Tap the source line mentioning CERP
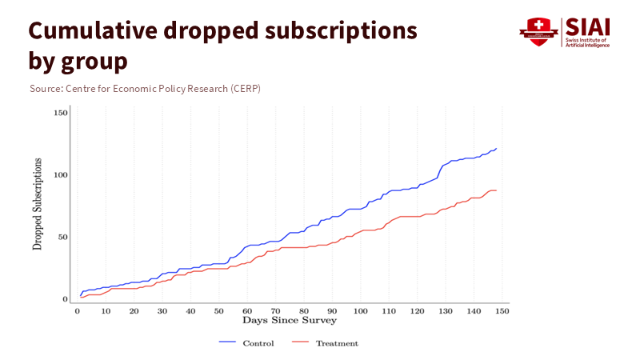tap(145, 88)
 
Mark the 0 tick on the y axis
tap(65, 299)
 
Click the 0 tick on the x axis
tap(78, 310)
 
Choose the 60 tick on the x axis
tap(247, 310)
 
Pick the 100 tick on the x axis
tap(360, 310)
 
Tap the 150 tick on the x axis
tap(502, 310)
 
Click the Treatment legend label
tap(337, 343)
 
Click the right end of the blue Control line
tap(496, 149)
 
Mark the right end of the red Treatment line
tap(496, 190)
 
